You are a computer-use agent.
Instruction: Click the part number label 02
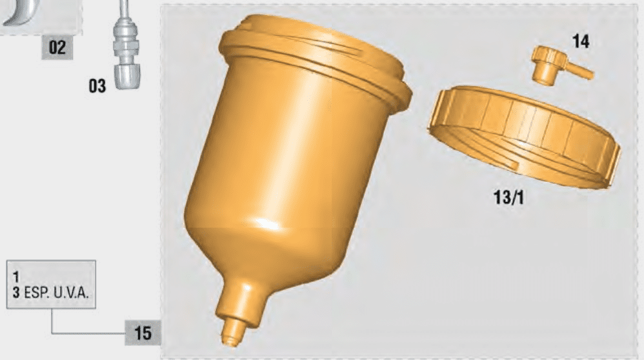pyautogui.click(x=57, y=47)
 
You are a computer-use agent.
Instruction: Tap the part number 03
pyautogui.click(x=97, y=86)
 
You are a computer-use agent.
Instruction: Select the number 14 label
pyautogui.click(x=581, y=41)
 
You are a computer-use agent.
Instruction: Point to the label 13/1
pyautogui.click(x=508, y=197)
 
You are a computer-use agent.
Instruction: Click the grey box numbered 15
pyautogui.click(x=143, y=332)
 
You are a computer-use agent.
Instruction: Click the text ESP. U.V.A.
pyautogui.click(x=56, y=293)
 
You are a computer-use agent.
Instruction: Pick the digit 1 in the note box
pyautogui.click(x=16, y=276)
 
